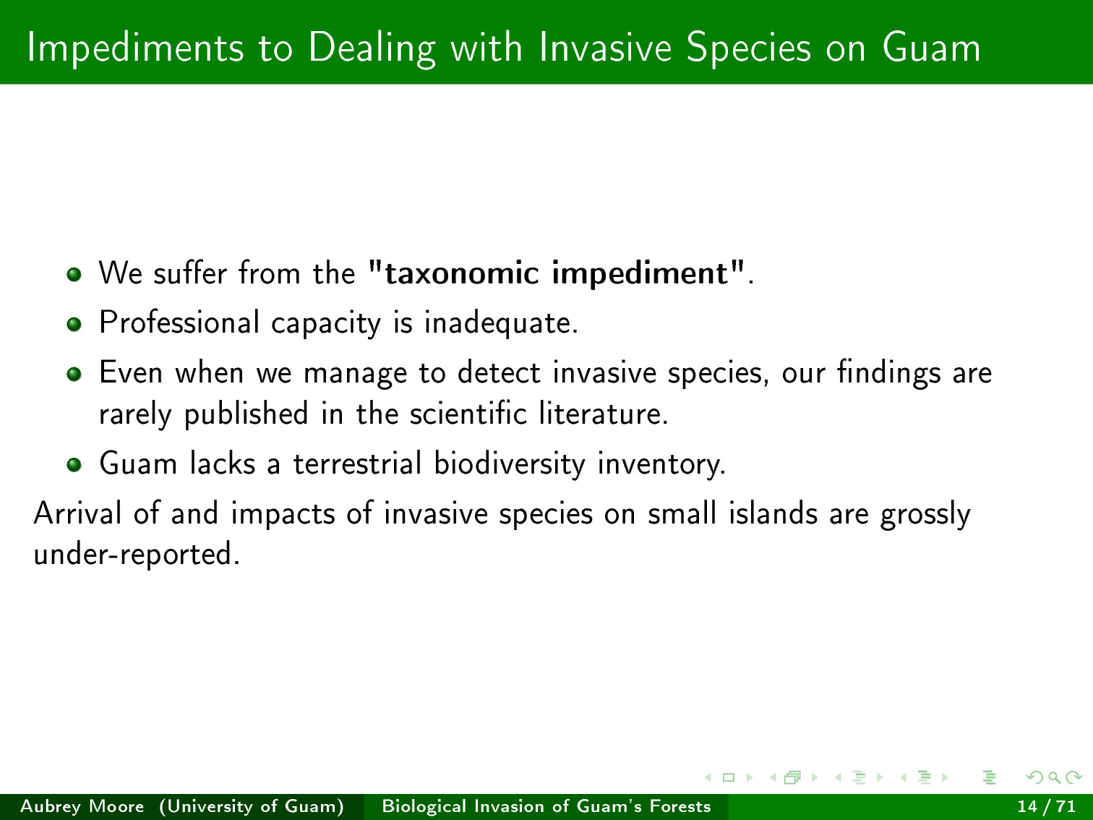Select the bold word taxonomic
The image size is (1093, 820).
462,273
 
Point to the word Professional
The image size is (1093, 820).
179,323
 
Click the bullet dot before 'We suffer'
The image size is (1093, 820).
74,274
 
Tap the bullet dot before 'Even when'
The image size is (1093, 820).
74,374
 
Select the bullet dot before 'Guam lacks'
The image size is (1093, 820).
74,464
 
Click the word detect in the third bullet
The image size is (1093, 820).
499,372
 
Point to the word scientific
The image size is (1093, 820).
468,413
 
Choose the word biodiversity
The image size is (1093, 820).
510,464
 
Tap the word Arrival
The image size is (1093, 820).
77,513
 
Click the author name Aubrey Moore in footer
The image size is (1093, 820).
82,806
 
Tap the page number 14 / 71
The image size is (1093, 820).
1046,806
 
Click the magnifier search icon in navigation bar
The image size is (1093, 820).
1054,777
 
